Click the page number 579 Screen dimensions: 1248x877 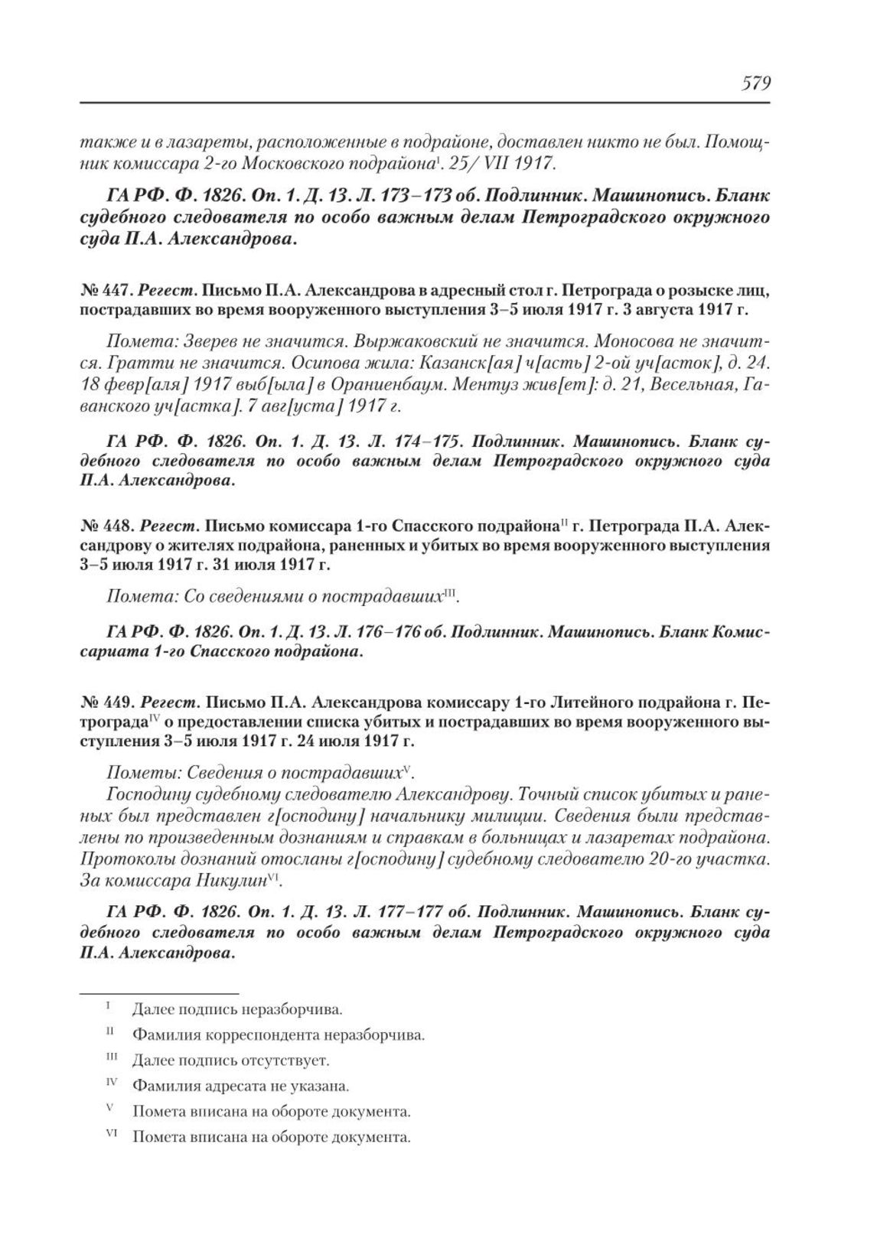[x=755, y=83]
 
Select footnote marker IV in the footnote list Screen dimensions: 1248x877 [x=110, y=1083]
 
